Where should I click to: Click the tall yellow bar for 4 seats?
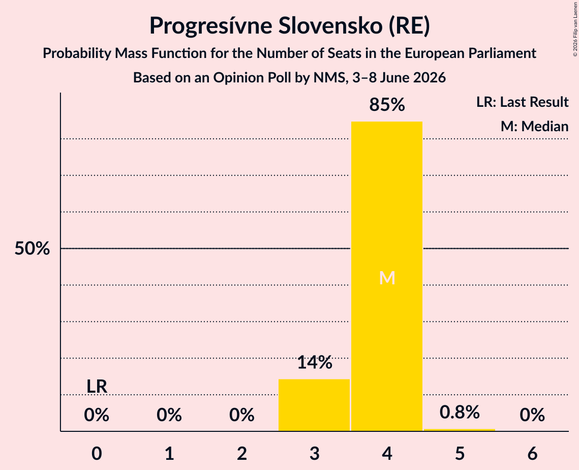click(387, 276)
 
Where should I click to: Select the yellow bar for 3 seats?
click(314, 405)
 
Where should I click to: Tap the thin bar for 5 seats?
click(460, 430)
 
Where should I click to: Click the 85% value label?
click(387, 105)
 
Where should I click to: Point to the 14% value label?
click(315, 363)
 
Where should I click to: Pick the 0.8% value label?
click(460, 412)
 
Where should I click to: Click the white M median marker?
click(387, 278)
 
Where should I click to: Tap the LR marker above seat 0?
click(97, 387)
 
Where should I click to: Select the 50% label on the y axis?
click(32, 249)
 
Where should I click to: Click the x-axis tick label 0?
click(97, 453)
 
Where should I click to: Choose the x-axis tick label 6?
click(532, 453)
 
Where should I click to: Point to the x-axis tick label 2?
click(242, 453)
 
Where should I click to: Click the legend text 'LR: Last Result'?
click(522, 102)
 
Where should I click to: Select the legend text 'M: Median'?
click(534, 126)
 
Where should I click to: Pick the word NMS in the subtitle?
click(330, 78)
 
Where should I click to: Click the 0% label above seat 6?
click(532, 415)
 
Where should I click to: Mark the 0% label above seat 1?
click(169, 415)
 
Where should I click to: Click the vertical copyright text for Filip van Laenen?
click(575, 29)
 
